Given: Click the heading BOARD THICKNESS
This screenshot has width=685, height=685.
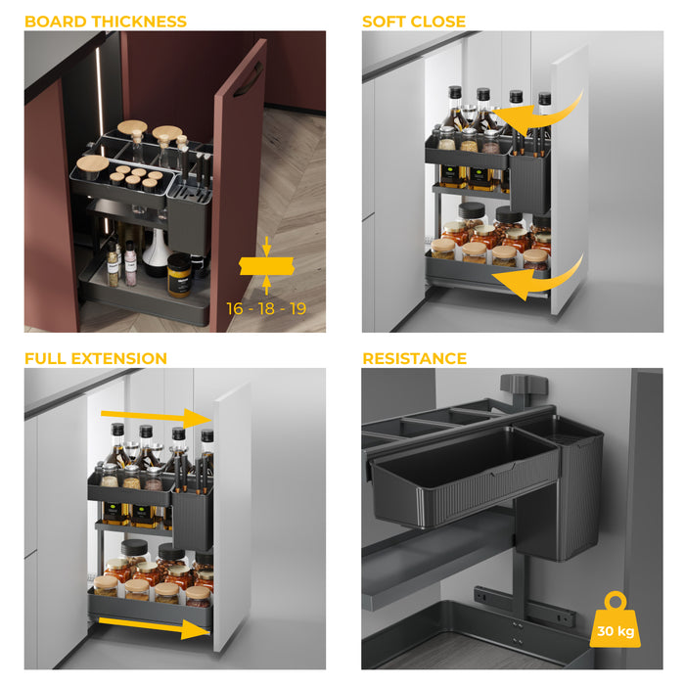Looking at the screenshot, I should [106, 21].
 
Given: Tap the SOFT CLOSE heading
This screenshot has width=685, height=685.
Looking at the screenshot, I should [414, 21].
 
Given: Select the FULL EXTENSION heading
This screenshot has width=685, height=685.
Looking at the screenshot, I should [96, 358].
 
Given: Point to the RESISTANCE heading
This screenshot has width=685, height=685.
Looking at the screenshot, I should [414, 358].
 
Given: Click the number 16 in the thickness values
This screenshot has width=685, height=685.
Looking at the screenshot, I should [237, 308].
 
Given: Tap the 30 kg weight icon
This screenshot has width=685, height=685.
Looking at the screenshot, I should [616, 623].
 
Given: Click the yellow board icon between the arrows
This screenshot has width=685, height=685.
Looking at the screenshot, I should [266, 264].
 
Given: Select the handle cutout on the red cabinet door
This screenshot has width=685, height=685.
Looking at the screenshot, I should [248, 78].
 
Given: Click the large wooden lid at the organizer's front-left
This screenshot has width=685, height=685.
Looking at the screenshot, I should [93, 163].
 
